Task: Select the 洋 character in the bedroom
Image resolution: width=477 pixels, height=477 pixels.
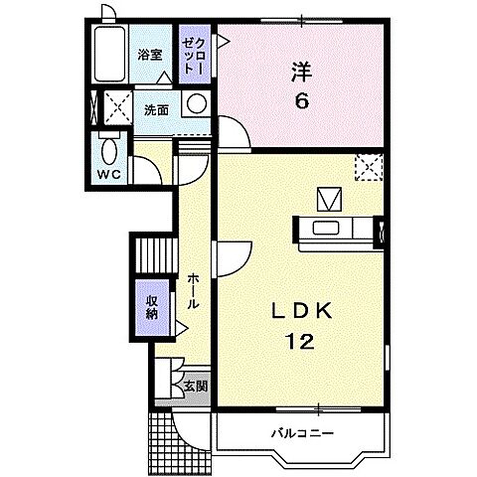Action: point(300,72)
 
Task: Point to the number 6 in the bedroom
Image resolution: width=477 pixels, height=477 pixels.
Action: point(299,100)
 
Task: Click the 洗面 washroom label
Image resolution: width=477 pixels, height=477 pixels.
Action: point(154,109)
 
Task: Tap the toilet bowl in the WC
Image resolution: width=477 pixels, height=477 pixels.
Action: point(108,147)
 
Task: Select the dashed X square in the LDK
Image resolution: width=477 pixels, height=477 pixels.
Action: point(368,168)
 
